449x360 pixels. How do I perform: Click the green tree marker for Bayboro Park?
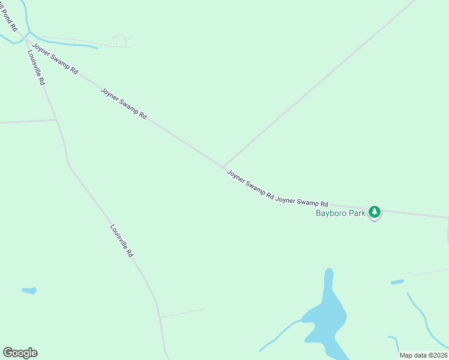[375, 212]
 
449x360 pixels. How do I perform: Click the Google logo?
[20, 353]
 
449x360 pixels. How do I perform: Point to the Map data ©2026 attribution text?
[423, 355]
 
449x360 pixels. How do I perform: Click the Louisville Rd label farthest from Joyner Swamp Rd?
[121, 241]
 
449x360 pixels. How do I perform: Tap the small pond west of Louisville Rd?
[29, 291]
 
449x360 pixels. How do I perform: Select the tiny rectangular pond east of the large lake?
[397, 281]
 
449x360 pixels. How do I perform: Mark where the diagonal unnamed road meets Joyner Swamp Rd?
[224, 167]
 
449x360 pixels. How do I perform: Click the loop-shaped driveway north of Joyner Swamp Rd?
[122, 40]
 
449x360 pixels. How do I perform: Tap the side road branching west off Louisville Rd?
[27, 121]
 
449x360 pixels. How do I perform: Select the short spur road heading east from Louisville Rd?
[182, 313]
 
